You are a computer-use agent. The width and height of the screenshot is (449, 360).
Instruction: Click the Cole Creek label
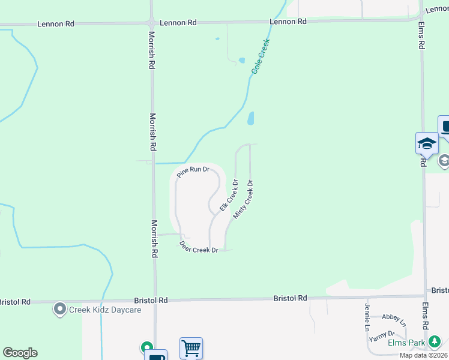[261, 57]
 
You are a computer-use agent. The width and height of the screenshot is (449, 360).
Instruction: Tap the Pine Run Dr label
[193, 171]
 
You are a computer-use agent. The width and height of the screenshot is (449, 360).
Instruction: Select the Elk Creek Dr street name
[229, 195]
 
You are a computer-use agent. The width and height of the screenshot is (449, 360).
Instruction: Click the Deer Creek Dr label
[199, 247]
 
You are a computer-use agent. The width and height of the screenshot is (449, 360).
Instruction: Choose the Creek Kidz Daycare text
[105, 310]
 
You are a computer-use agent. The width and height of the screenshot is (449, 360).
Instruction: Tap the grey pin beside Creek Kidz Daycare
[60, 310]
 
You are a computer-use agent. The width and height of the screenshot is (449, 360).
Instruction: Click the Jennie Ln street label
[366, 317]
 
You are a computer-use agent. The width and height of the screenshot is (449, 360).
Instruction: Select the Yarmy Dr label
[382, 336]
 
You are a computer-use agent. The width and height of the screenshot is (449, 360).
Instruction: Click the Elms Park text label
[406, 343]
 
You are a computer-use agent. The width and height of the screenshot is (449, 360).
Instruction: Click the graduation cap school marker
[427, 143]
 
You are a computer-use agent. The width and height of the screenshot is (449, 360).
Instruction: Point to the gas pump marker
[156, 356]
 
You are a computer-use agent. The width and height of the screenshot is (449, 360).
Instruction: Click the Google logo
[20, 353]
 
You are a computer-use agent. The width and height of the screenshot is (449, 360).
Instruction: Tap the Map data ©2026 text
[423, 355]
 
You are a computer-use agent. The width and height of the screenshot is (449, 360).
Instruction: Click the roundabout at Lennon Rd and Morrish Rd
[151, 23]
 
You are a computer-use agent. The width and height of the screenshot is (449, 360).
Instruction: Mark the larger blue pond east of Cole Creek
[251, 118]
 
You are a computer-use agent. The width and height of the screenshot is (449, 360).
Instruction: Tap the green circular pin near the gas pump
[146, 347]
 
